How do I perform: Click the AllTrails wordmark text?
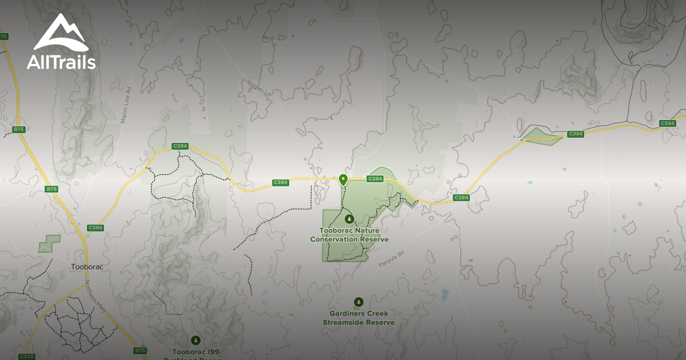tap(61, 62)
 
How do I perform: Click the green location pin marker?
tap(343, 180)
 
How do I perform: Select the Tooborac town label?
tap(87, 267)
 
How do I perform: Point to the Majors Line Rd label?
tap(126, 105)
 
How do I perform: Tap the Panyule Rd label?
tap(391, 259)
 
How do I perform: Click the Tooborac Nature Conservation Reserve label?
tap(349, 235)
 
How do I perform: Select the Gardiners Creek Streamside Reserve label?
tap(358, 318)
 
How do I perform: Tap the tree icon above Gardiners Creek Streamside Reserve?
tap(358, 302)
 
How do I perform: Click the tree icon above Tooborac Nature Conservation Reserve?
tap(349, 218)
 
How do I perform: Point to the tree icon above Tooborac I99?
tap(196, 340)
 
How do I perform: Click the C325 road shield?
tap(26, 357)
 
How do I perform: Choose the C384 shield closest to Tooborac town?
tap(95, 227)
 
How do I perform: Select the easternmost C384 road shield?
tap(667, 123)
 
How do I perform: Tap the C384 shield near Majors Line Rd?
tap(180, 146)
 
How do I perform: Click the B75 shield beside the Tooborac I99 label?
tap(140, 350)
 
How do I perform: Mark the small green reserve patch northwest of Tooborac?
tap(49, 244)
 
